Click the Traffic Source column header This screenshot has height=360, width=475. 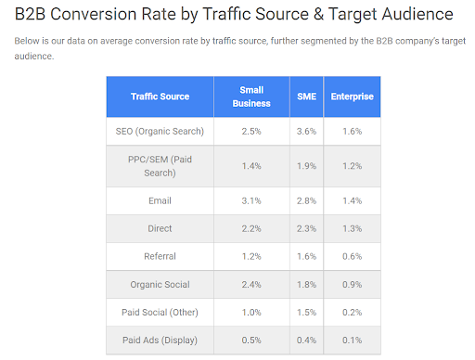pyautogui.click(x=160, y=96)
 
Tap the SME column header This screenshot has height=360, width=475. pyautogui.click(x=307, y=96)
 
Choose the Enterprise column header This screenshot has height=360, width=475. pyautogui.click(x=352, y=96)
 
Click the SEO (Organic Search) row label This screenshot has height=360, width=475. pyautogui.click(x=160, y=131)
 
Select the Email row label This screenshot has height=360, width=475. pyautogui.click(x=160, y=200)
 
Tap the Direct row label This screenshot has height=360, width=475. pyautogui.click(x=160, y=228)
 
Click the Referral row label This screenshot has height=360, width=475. pyautogui.click(x=160, y=255)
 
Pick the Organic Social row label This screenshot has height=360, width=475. pyautogui.click(x=160, y=284)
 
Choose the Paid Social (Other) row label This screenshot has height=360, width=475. pyautogui.click(x=160, y=312)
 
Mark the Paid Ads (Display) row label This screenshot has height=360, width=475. pyautogui.click(x=160, y=340)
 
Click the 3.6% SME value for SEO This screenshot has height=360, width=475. pyautogui.click(x=307, y=131)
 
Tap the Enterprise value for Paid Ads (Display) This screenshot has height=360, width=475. pyautogui.click(x=352, y=340)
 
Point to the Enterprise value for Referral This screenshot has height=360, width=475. pyautogui.click(x=352, y=255)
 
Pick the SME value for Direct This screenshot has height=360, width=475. pyautogui.click(x=307, y=228)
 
